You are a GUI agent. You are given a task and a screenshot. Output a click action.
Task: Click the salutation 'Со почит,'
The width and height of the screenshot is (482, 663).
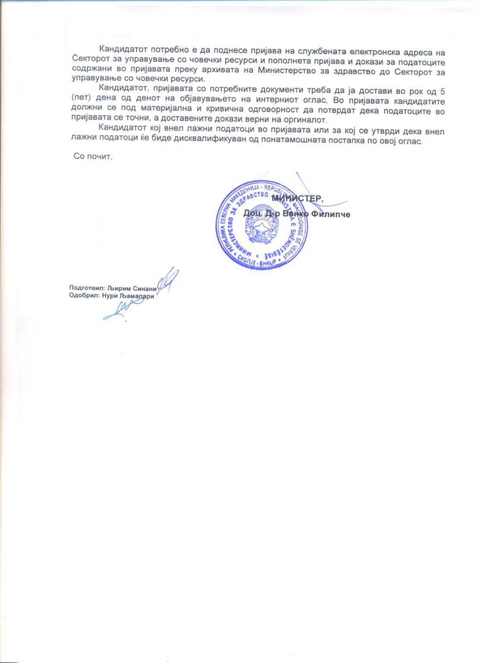[93, 156]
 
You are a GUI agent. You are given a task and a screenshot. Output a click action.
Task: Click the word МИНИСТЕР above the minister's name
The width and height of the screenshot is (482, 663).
[297, 199]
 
